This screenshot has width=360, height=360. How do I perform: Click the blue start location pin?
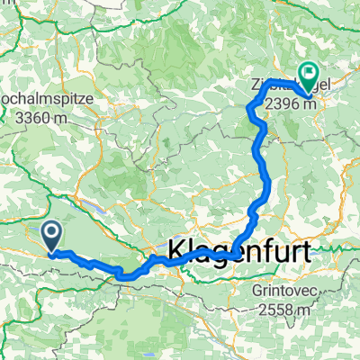[x=51, y=237]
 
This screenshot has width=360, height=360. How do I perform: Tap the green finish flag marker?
[x=308, y=77]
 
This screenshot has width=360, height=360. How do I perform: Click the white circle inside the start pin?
[x=51, y=233]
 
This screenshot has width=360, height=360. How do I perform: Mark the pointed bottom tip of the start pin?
[x=51, y=251]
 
